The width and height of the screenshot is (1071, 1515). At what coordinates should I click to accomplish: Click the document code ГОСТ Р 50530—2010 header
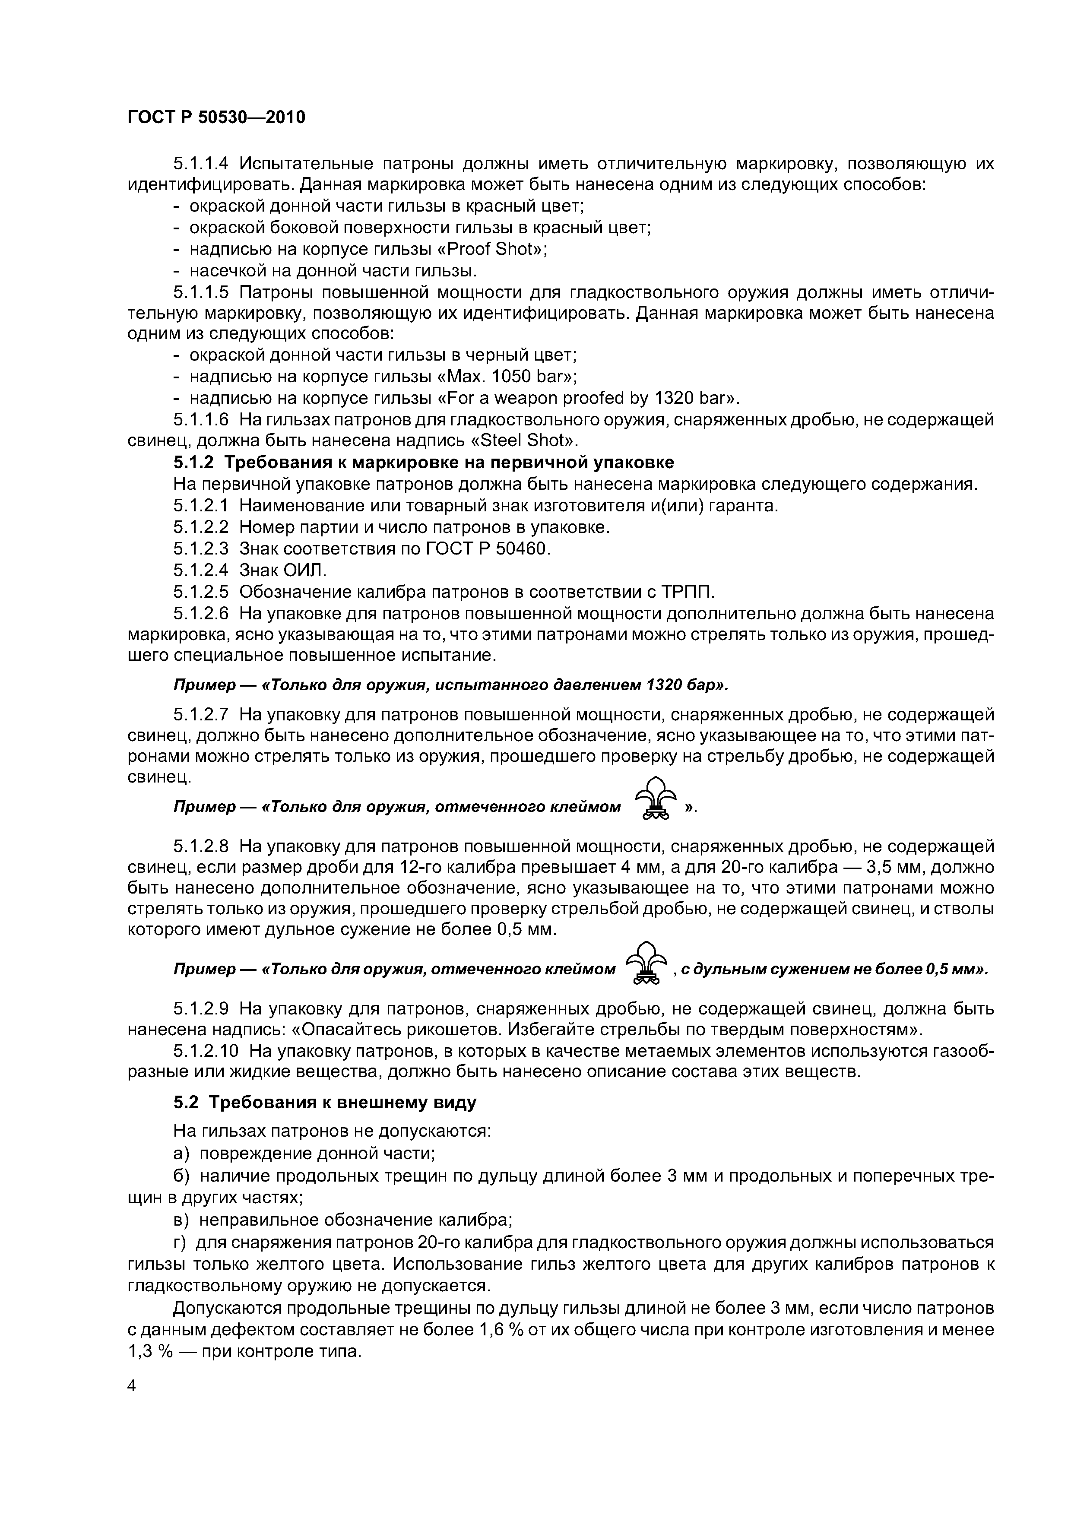pos(216,117)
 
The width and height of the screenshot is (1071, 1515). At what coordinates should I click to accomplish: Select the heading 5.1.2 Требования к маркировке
pos(422,462)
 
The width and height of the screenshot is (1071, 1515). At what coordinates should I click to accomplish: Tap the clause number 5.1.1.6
pos(201,420)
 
